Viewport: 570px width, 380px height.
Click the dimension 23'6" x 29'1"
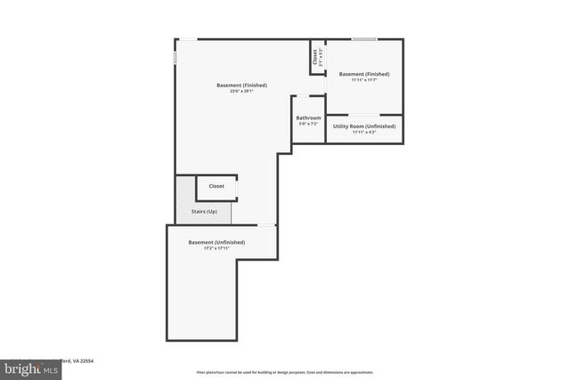(x=241, y=91)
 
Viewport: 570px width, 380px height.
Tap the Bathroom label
(x=308, y=117)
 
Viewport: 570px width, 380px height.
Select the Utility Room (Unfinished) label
(x=363, y=126)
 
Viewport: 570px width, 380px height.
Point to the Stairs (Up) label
(x=205, y=211)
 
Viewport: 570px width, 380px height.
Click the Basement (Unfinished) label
(x=216, y=242)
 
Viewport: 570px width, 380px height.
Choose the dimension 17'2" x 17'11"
(x=216, y=248)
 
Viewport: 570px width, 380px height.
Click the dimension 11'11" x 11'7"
(x=363, y=80)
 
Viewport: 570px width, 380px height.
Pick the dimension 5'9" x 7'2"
(x=308, y=124)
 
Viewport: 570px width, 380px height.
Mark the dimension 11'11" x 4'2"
(x=363, y=133)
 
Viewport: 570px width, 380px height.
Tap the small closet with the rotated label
(x=316, y=58)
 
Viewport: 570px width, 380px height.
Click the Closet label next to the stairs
(x=216, y=186)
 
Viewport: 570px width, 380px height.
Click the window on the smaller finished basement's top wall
(x=363, y=39)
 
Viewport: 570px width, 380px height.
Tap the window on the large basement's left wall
(x=175, y=56)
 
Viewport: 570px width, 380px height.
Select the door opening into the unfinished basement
(x=265, y=225)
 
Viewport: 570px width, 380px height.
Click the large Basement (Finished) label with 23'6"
(x=241, y=85)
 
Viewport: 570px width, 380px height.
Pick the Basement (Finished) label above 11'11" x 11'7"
(x=363, y=74)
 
